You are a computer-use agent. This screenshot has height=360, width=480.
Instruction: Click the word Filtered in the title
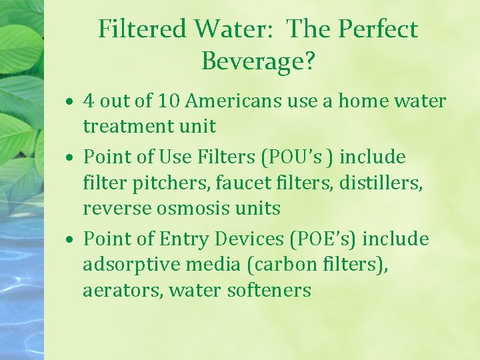pos(143,29)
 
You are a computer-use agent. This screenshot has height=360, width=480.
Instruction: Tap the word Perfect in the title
pos(378,29)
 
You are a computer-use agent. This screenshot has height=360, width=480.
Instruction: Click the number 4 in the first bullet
pos(89,101)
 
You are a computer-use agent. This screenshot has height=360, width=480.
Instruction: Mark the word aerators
pos(123,291)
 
